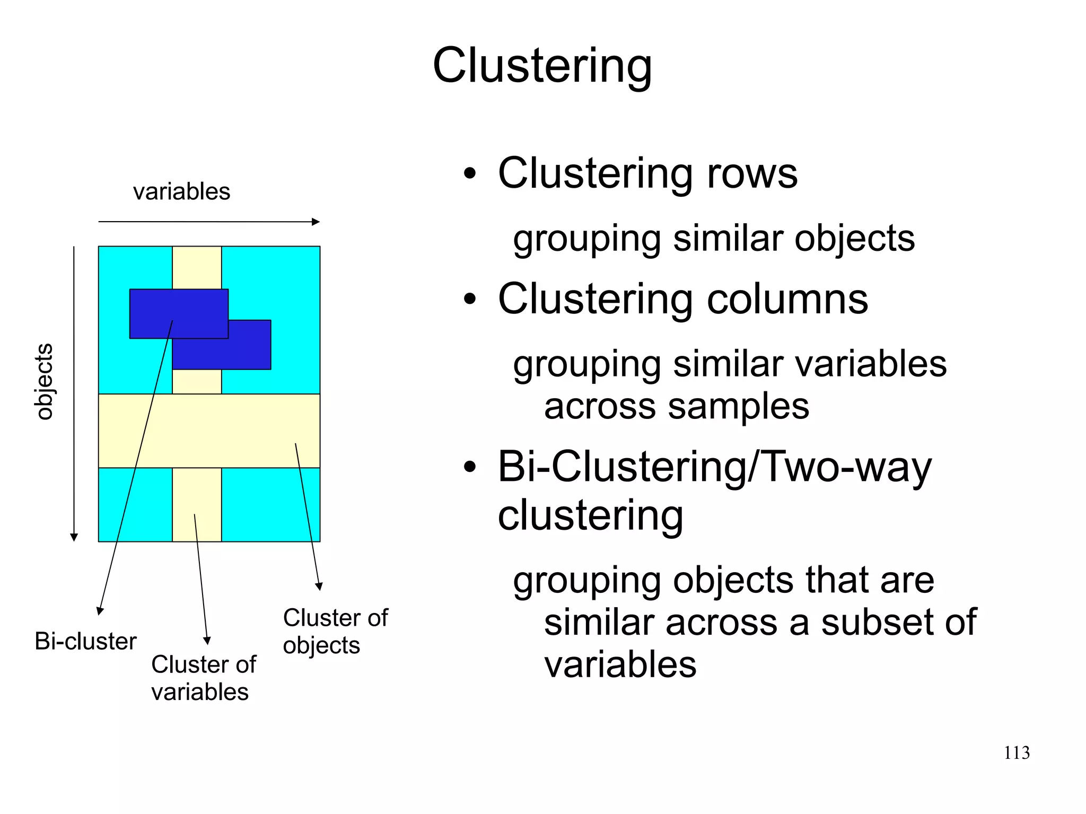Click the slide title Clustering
click(x=542, y=66)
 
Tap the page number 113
click(x=1017, y=752)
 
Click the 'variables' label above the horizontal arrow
click(x=181, y=191)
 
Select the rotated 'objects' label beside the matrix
click(x=44, y=381)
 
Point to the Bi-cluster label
click(x=85, y=641)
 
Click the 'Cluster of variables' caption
click(x=203, y=678)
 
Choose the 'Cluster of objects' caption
click(x=335, y=631)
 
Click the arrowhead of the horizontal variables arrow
click(x=316, y=222)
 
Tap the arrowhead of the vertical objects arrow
click(x=74, y=537)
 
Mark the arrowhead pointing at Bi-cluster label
click(x=99, y=611)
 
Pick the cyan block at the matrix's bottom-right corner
click(x=270, y=504)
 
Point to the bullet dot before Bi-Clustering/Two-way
click(x=470, y=467)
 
